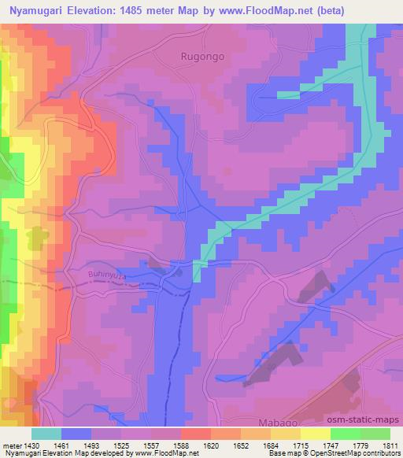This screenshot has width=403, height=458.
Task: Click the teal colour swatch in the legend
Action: pyautogui.click(x=46, y=434)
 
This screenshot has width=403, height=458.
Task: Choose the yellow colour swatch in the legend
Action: pyautogui.click(x=315, y=434)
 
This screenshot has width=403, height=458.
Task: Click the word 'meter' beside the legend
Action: pyautogui.click(x=13, y=447)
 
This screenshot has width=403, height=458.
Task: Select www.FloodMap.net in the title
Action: pyautogui.click(x=266, y=9)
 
